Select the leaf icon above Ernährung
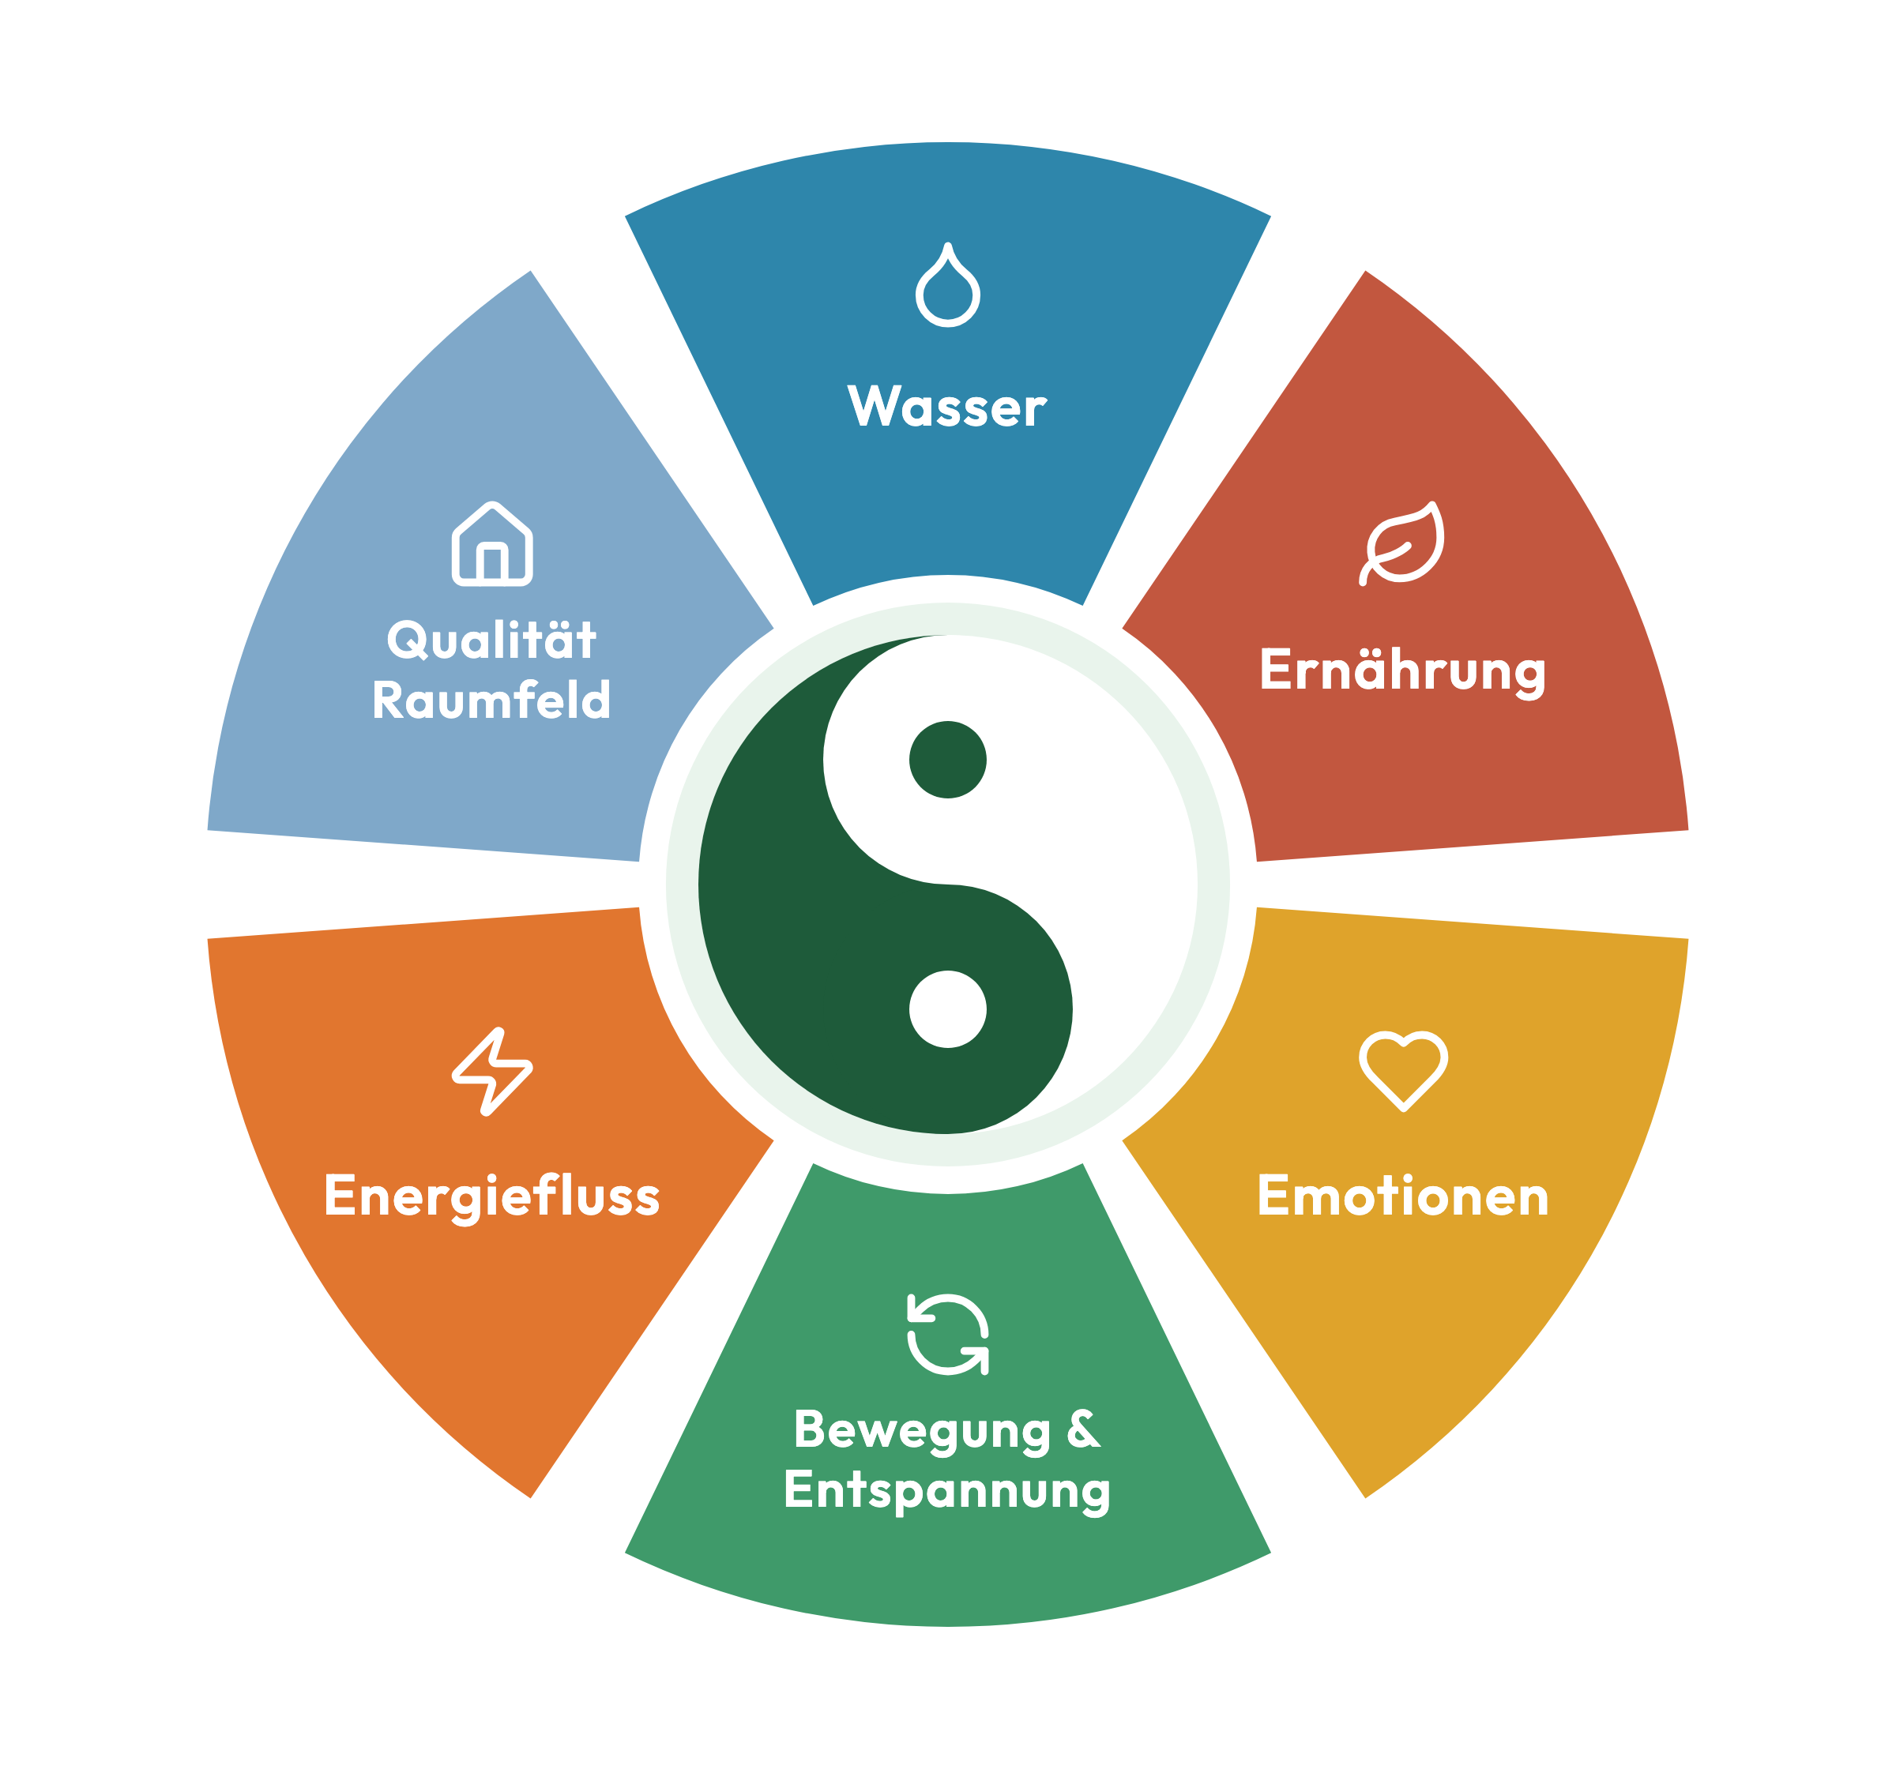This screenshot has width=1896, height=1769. tap(1401, 543)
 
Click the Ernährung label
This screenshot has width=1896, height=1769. tap(1402, 671)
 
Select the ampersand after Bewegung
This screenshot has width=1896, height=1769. tap(1083, 1429)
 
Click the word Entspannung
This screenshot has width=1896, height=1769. tap(947, 1492)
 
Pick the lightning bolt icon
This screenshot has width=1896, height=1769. tap(492, 1071)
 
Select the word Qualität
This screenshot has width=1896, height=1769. tap(491, 640)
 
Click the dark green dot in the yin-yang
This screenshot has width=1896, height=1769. tap(948, 759)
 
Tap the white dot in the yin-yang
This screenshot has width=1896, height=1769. tap(948, 1009)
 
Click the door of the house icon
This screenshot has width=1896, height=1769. tap(492, 562)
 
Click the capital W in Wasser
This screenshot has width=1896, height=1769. tap(875, 405)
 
